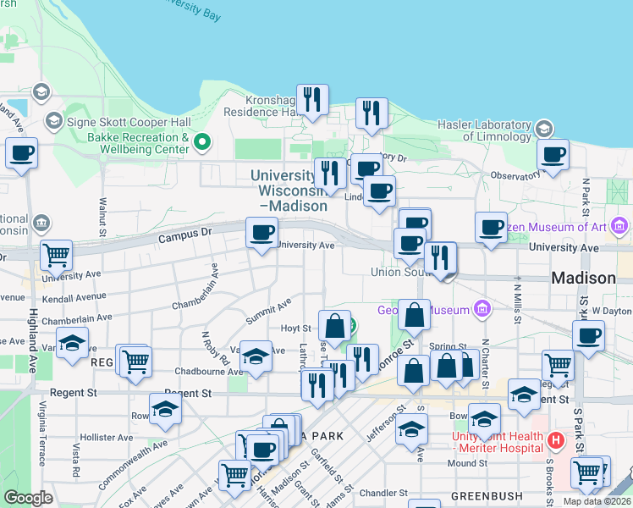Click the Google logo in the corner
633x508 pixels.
[x=29, y=498]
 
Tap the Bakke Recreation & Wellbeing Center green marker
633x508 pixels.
[x=201, y=141]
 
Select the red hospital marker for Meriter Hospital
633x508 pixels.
[x=555, y=439]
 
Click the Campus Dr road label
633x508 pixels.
[x=184, y=240]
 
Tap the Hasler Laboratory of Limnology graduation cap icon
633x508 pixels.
[x=543, y=129]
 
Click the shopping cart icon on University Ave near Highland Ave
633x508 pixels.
[x=56, y=253]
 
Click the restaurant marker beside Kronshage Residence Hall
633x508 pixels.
[x=312, y=100]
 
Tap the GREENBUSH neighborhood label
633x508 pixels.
[x=481, y=495]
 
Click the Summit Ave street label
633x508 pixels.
[x=268, y=311]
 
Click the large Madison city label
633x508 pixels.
[x=583, y=278]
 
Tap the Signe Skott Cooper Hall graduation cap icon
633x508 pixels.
[x=54, y=121]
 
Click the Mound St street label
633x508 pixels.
[x=467, y=463]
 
